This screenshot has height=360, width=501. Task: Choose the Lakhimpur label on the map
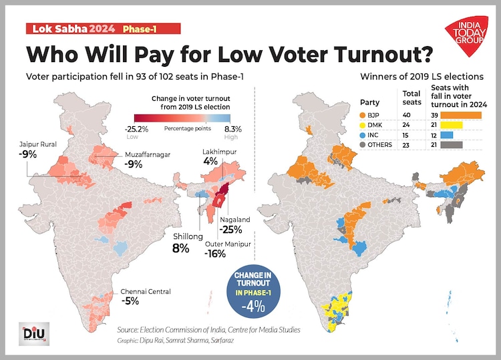220,152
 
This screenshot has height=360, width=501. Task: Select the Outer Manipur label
229,244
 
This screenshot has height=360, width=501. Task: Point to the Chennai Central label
145,291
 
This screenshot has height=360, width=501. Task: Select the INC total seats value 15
411,136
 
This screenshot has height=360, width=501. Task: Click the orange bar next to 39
461,115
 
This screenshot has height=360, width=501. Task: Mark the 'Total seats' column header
411,98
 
